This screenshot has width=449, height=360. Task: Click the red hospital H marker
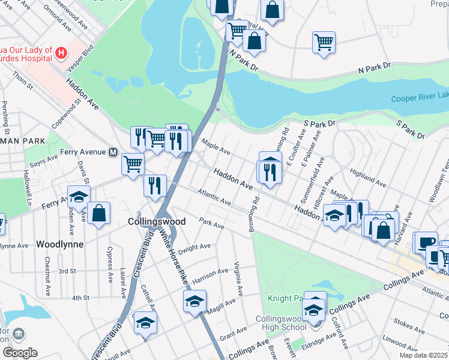pos(60,53)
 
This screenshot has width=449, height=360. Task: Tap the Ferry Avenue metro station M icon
pos(112,152)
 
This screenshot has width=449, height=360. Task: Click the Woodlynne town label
pos(59,244)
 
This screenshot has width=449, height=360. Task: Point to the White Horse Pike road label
pos(173,258)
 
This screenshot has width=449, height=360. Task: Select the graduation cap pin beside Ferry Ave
pos(78,197)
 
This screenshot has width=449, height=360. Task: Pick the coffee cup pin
pos(427,242)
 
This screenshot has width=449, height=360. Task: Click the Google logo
pos(19,353)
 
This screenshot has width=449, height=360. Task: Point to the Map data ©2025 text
pos(424,355)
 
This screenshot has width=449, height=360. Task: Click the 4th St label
pos(80,298)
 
